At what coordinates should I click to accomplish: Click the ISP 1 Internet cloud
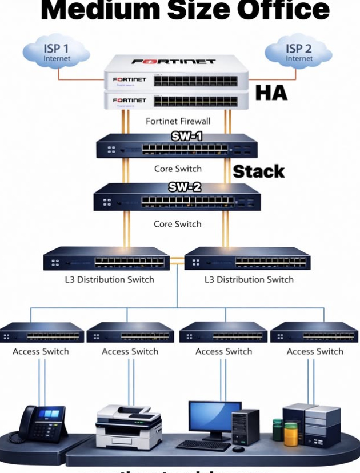coord(56,53)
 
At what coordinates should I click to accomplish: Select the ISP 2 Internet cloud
coord(299,53)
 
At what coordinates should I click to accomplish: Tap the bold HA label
coord(271,93)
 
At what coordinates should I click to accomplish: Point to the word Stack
coord(258,171)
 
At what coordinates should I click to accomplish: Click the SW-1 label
coord(187,136)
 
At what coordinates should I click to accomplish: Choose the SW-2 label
coord(184,187)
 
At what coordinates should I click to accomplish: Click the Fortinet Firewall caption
coord(178,121)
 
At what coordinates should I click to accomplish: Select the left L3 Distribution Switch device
coord(106,260)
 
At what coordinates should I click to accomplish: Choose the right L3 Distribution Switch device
coord(246,260)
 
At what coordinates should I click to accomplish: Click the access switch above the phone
coord(42,333)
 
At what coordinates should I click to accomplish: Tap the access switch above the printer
coord(130,333)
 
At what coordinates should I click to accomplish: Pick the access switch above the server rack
coord(315,333)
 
